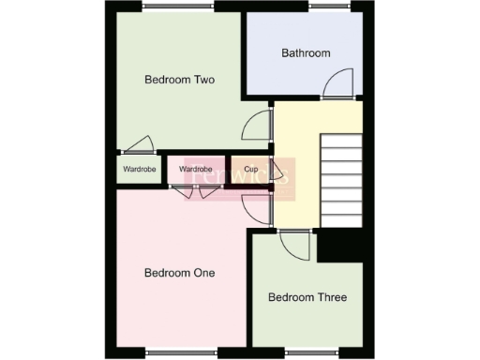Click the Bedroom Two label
179,80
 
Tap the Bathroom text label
306,53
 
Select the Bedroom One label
179,273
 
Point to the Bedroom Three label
307,297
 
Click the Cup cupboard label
251,170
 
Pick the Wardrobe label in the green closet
135,170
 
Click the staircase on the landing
342,180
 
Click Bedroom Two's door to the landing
256,127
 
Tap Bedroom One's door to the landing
255,208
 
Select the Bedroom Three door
295,246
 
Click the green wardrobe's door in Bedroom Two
139,144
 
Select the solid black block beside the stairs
339,247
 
